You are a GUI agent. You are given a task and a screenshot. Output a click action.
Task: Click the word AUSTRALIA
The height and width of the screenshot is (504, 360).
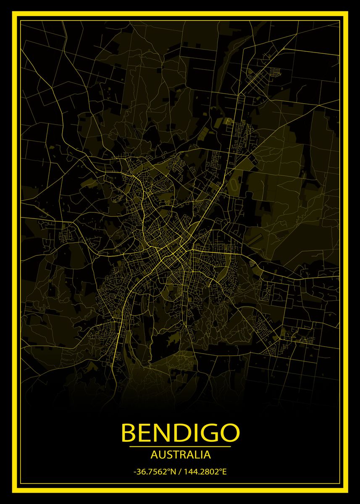point(180,454)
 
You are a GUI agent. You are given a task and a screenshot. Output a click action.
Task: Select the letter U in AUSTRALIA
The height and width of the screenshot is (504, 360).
point(160,454)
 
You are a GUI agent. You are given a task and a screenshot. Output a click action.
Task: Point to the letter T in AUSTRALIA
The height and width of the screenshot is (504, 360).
point(173,454)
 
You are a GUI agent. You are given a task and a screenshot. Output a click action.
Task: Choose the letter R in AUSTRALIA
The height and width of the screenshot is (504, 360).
point(181,454)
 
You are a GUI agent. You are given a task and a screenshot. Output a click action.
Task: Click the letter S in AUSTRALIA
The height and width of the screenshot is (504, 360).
point(167,454)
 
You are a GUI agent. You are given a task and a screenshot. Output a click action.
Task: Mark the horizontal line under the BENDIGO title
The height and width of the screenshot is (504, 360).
point(180,446)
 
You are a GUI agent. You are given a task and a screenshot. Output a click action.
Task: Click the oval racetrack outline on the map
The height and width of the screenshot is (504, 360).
point(233,185)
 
